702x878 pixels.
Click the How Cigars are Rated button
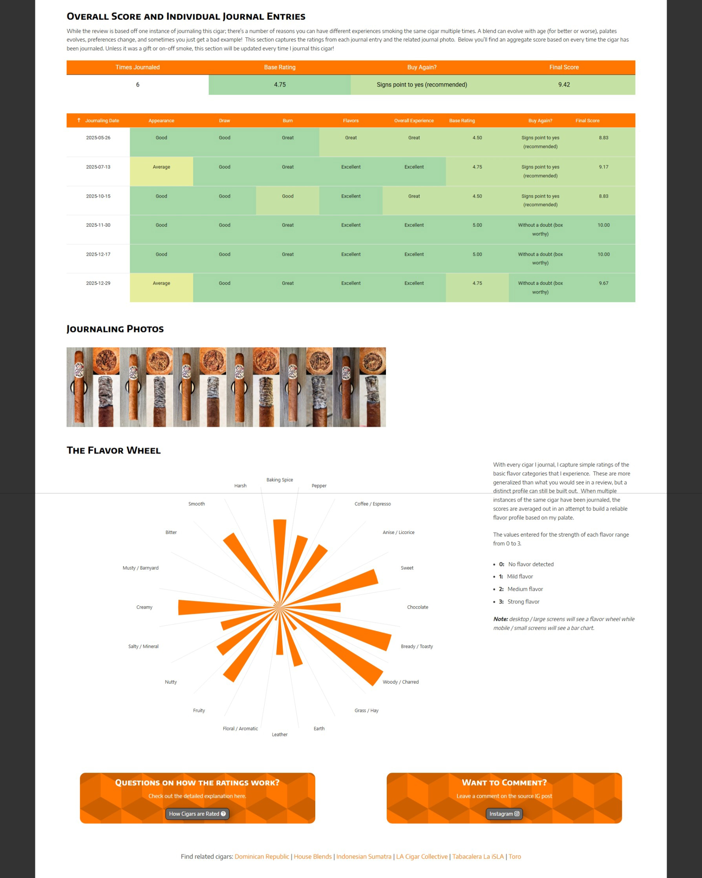197,814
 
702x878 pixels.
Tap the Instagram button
504,814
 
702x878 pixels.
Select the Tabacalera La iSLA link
478,856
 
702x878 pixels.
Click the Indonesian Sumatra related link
364,856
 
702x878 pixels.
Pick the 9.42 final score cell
564,85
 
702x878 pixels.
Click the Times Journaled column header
137,67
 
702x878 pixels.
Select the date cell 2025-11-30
98,225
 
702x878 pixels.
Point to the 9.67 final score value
603,284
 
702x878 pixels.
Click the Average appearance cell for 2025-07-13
161,167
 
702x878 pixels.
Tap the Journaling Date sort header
102,121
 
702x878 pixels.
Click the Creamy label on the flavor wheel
144,607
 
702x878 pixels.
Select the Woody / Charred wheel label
400,682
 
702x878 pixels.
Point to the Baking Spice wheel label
280,480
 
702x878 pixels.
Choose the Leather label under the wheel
280,735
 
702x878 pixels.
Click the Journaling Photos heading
115,329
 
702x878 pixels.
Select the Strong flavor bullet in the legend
523,601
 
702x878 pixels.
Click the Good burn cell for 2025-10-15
287,196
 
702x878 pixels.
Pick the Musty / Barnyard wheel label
141,568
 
